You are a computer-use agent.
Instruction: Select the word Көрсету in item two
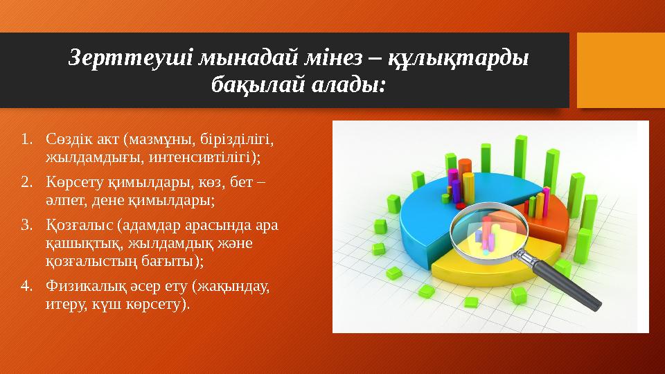pyautogui.click(x=69, y=184)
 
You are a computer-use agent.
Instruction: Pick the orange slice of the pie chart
pyautogui.click(x=547, y=222)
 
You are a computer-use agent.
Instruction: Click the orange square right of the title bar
pyautogui.click(x=621, y=70)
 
